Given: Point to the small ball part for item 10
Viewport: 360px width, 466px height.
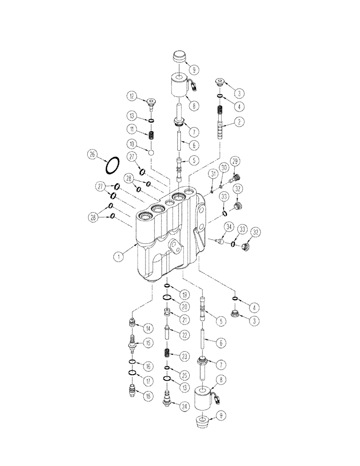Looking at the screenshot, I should (151, 152).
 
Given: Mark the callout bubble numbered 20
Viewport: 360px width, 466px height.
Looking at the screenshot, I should (185, 306).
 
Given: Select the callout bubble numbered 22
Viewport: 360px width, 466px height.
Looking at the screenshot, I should (186, 335).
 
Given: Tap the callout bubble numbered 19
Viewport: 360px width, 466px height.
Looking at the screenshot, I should (185, 295).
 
